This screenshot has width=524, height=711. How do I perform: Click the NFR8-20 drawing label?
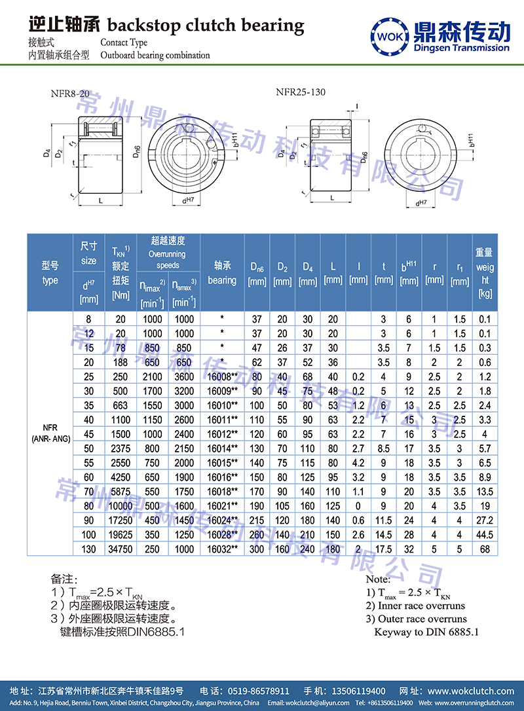point(69,94)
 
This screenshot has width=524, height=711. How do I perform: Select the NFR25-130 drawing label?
point(300,92)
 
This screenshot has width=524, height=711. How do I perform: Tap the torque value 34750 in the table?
point(121,549)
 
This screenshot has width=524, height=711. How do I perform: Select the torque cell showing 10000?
point(121,505)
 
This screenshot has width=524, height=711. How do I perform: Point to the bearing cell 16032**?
point(221,549)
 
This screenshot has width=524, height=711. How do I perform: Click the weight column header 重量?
point(485,252)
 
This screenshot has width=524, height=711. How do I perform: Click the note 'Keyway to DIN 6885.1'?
point(426,632)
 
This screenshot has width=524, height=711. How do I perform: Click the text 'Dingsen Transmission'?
point(462,47)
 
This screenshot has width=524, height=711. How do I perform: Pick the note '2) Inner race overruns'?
point(415,606)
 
